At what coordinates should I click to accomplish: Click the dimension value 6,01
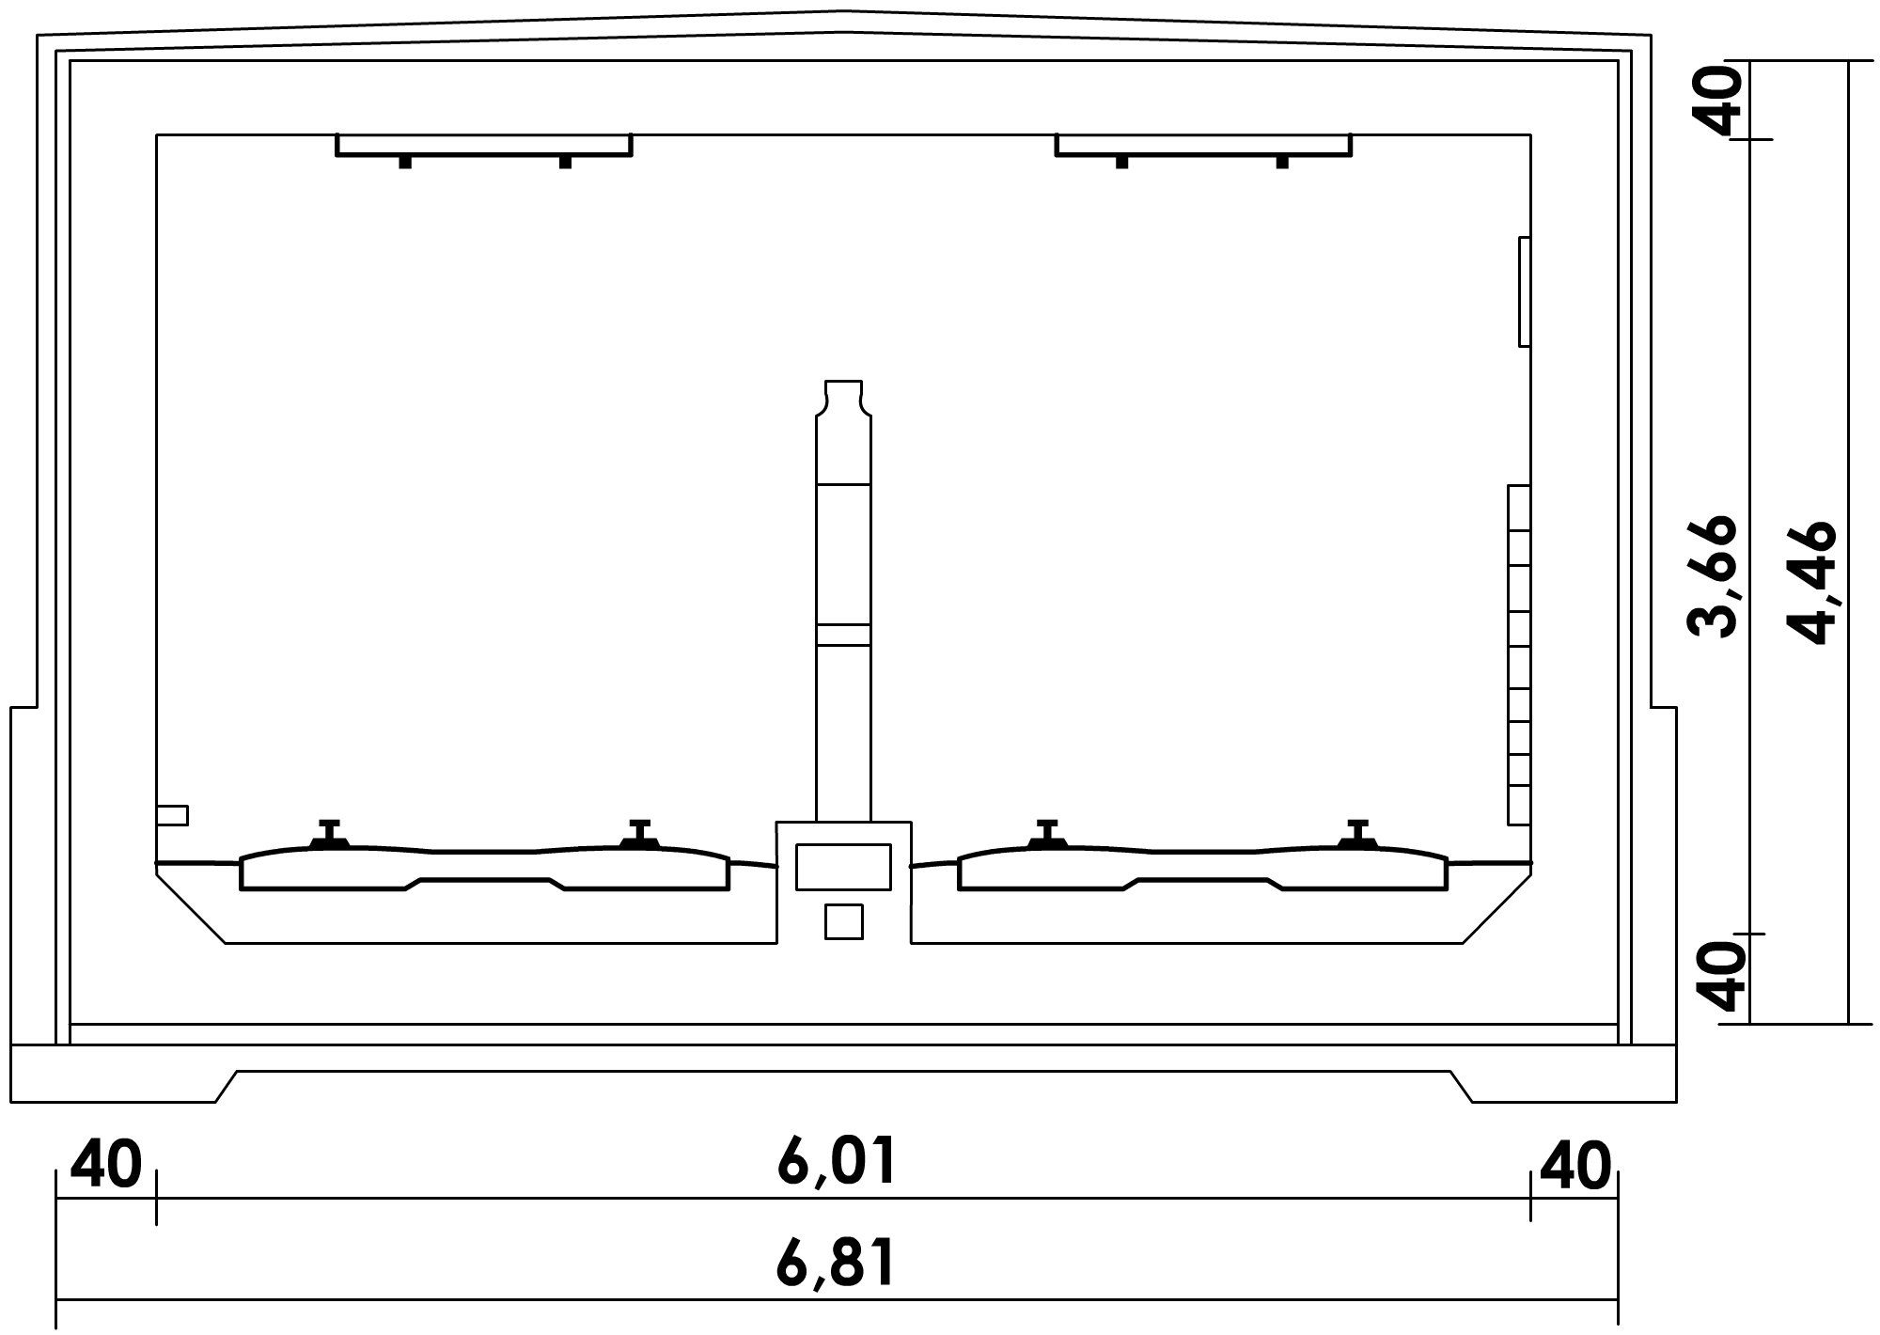point(836,1163)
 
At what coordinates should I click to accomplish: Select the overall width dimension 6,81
point(836,1264)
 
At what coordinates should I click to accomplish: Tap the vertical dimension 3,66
point(1711,577)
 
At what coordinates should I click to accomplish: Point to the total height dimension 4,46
point(1810,582)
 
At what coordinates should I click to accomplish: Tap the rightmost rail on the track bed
point(1356,835)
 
